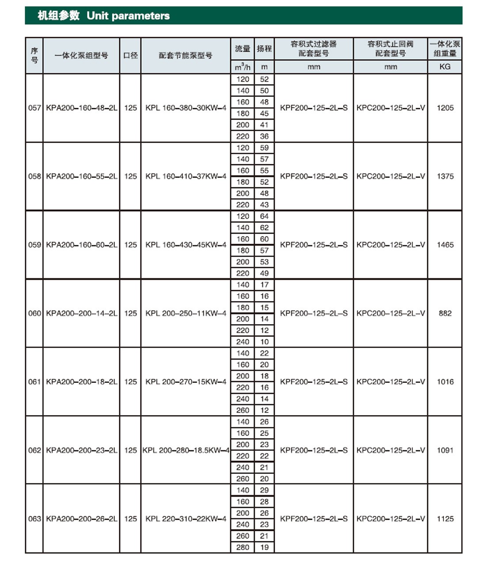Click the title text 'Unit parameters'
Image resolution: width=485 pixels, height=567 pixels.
[128, 16]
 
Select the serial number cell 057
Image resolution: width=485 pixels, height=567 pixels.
[34, 108]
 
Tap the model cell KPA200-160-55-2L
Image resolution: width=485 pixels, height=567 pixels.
[82, 176]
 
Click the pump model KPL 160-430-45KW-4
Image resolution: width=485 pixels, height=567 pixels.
[186, 245]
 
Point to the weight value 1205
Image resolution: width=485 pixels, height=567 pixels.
[445, 108]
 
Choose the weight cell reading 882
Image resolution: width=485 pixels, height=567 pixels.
[445, 313]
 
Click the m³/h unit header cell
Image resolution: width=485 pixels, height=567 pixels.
[242, 67]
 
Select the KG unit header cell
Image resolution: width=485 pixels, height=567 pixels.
[445, 67]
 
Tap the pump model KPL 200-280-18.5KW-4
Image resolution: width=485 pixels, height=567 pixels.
[186, 450]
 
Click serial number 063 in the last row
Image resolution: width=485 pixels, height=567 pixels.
[34, 519]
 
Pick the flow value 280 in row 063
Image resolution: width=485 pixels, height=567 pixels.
[242, 547]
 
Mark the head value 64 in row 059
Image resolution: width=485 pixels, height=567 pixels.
[264, 216]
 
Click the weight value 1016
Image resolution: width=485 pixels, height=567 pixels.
[445, 382]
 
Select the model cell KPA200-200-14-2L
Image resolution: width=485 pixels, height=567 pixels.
[82, 313]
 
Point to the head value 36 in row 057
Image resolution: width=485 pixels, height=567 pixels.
[264, 136]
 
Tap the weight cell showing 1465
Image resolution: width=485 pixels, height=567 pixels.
[445, 245]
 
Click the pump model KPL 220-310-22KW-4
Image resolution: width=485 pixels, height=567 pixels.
[186, 519]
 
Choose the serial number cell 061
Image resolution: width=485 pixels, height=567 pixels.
[34, 382]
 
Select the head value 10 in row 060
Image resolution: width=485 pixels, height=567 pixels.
[264, 342]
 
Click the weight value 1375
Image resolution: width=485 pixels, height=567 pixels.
[445, 176]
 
